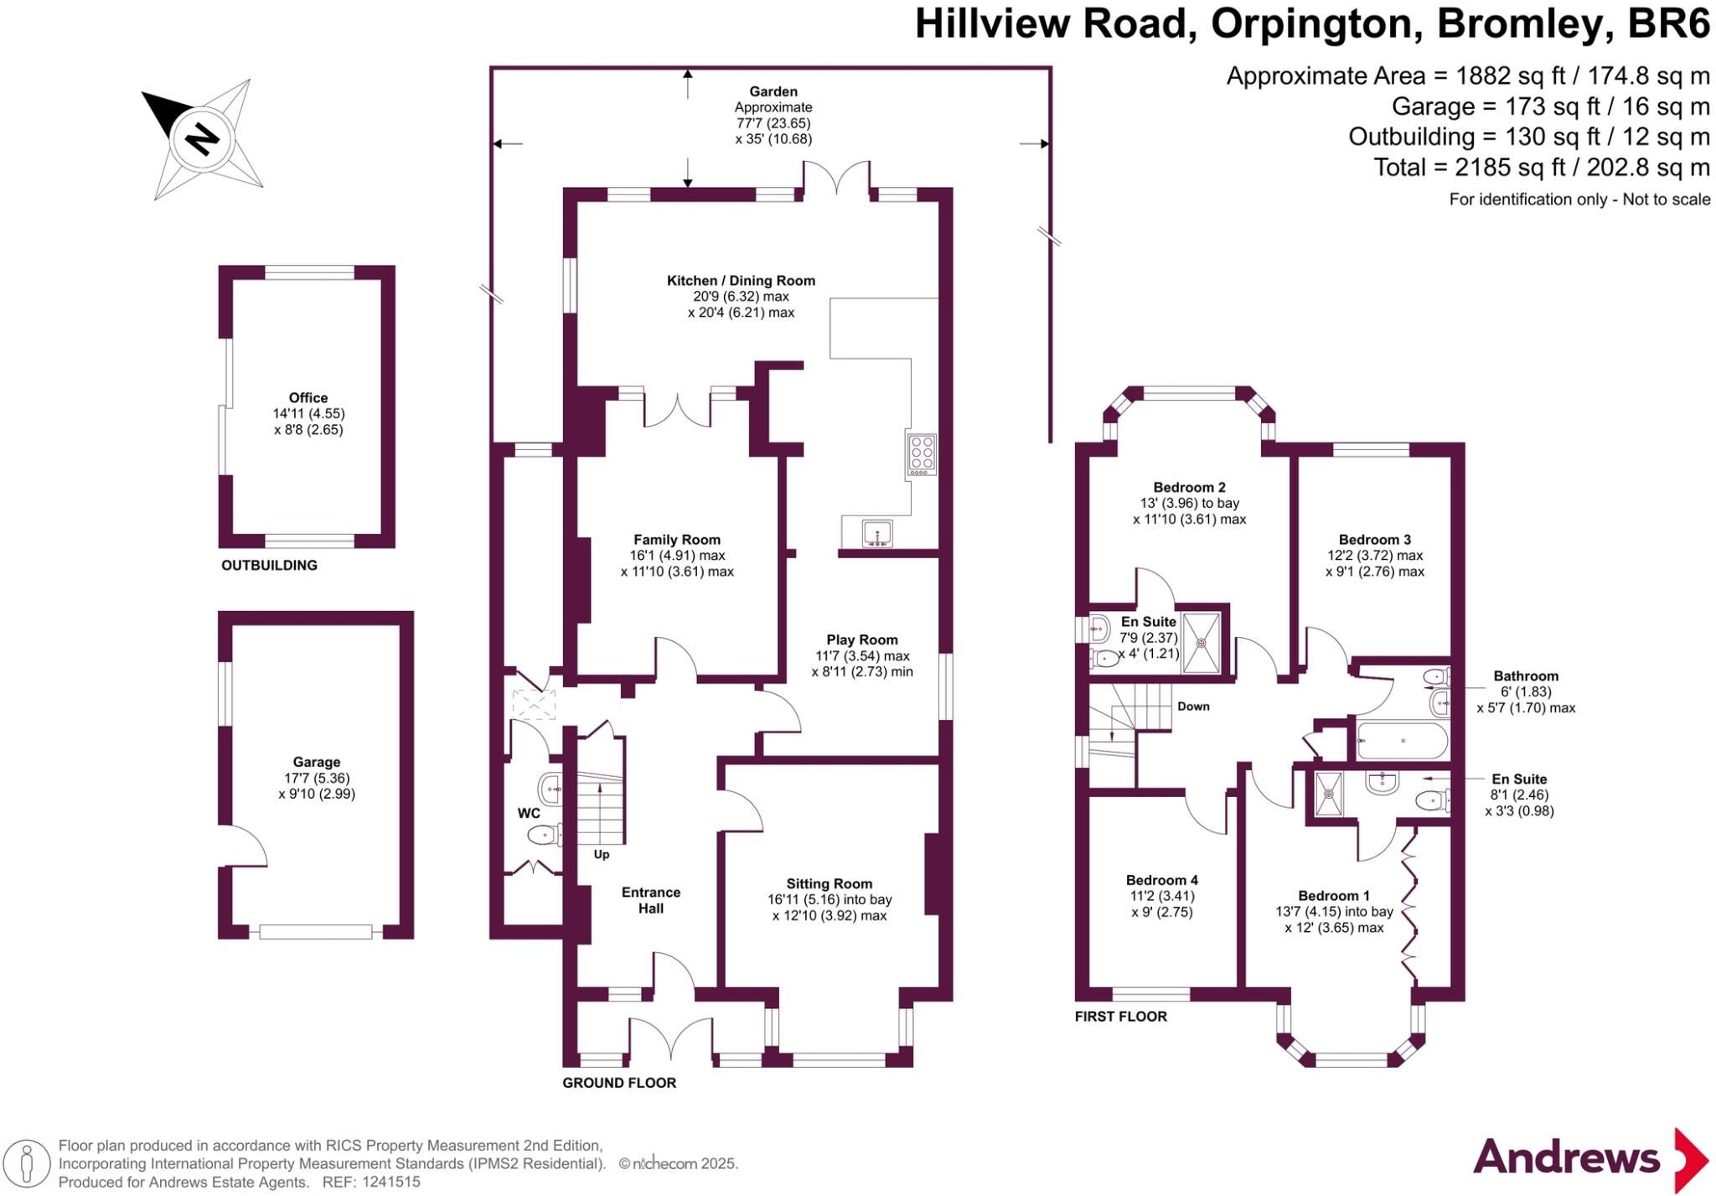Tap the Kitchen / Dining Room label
point(741,281)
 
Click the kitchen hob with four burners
point(921,454)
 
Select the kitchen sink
point(877,532)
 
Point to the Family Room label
point(676,540)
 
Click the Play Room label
point(861,639)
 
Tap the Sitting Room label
point(829,883)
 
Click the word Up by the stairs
point(602,855)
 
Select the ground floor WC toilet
point(545,835)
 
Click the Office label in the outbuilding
point(308,398)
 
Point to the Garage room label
point(316,762)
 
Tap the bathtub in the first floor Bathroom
point(1402,741)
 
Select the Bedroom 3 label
point(1374,540)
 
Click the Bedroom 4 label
point(1161,880)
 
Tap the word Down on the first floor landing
point(1193,707)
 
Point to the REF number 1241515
point(390,1183)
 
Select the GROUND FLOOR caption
point(618,1083)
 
